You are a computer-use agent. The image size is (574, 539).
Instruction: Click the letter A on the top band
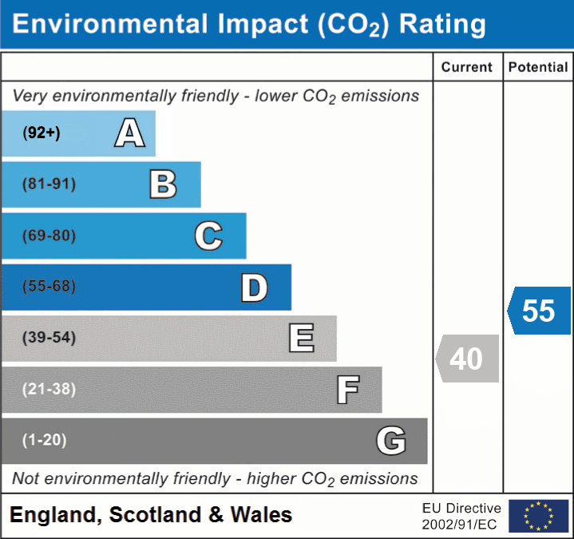tap(130, 133)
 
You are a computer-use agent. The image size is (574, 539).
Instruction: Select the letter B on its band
tap(163, 184)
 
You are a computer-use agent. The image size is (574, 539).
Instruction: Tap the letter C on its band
tap(208, 236)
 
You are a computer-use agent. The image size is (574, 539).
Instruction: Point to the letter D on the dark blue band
tap(254, 287)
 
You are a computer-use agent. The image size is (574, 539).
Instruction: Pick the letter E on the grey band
tap(301, 339)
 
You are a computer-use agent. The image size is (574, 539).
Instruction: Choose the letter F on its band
tap(347, 390)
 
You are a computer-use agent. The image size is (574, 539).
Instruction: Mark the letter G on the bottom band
tap(391, 441)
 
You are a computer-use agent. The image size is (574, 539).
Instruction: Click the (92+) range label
tap(42, 133)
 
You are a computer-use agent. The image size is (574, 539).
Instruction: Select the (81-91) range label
tap(49, 184)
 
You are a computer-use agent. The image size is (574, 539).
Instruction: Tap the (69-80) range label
tap(49, 236)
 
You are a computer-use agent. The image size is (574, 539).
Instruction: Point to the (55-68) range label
tap(49, 287)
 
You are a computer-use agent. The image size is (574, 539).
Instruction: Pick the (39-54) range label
tap(49, 338)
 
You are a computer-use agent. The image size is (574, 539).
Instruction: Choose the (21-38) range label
tap(49, 390)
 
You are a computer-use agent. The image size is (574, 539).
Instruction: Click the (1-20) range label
tap(45, 440)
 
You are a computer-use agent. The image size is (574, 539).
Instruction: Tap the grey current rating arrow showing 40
tap(468, 359)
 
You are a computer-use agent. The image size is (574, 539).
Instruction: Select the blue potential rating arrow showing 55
tap(540, 311)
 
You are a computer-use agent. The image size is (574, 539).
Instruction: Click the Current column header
tap(467, 68)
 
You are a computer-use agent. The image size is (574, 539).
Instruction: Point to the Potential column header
tap(538, 68)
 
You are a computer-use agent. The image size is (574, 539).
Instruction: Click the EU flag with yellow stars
tap(538, 516)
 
